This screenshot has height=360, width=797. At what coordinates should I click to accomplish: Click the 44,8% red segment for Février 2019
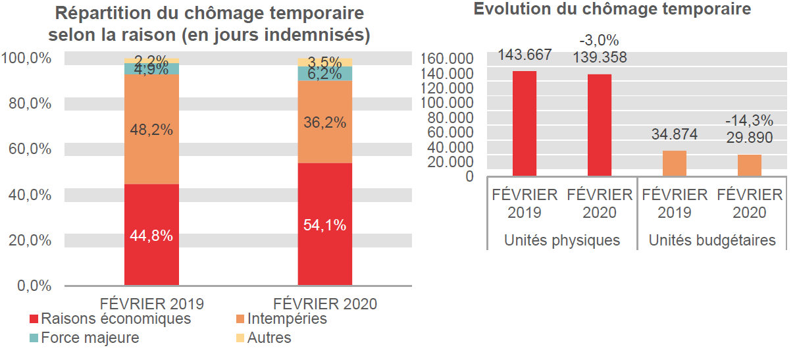[x=151, y=235]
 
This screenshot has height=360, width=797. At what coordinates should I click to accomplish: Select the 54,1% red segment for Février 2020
[x=324, y=224]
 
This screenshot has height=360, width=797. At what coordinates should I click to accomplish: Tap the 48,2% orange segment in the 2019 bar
[x=151, y=130]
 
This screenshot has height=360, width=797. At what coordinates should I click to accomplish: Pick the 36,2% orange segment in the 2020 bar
[x=324, y=122]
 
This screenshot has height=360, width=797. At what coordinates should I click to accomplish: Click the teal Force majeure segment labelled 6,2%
[x=324, y=74]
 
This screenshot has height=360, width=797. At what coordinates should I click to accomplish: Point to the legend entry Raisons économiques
[x=110, y=319]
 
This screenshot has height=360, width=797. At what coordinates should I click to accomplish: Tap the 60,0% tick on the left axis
[x=27, y=149]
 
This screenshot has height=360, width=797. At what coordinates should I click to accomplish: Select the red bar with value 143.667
[x=525, y=124]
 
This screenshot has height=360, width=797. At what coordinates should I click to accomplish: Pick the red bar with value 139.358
[x=600, y=125]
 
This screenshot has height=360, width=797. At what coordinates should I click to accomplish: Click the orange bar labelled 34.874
[x=674, y=163]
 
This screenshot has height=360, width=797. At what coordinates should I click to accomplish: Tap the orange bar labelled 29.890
[x=749, y=165]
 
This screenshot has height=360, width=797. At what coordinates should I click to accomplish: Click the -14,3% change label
[x=749, y=121]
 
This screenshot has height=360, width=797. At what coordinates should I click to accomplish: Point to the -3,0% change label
[x=600, y=41]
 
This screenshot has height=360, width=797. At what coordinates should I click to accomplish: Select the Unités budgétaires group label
[x=712, y=240]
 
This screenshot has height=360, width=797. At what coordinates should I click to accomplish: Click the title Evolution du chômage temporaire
[x=612, y=9]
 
